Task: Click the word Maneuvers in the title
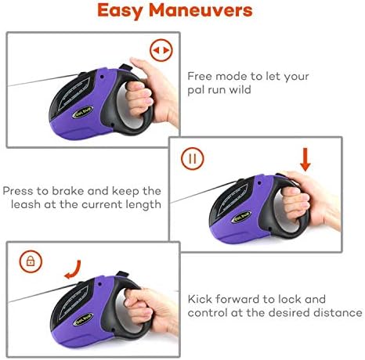tap(201, 10)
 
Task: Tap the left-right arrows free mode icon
tap(161, 50)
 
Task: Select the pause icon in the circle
tap(193, 159)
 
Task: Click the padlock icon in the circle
tap(31, 261)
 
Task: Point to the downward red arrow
tap(305, 160)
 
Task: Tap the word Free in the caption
tap(200, 76)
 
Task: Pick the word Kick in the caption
tap(200, 299)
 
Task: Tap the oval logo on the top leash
tap(82, 112)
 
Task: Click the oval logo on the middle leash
tap(242, 217)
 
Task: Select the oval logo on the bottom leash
tap(83, 319)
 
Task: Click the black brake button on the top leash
tap(125, 67)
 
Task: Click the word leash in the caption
tap(26, 204)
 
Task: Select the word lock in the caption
tap(289, 299)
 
